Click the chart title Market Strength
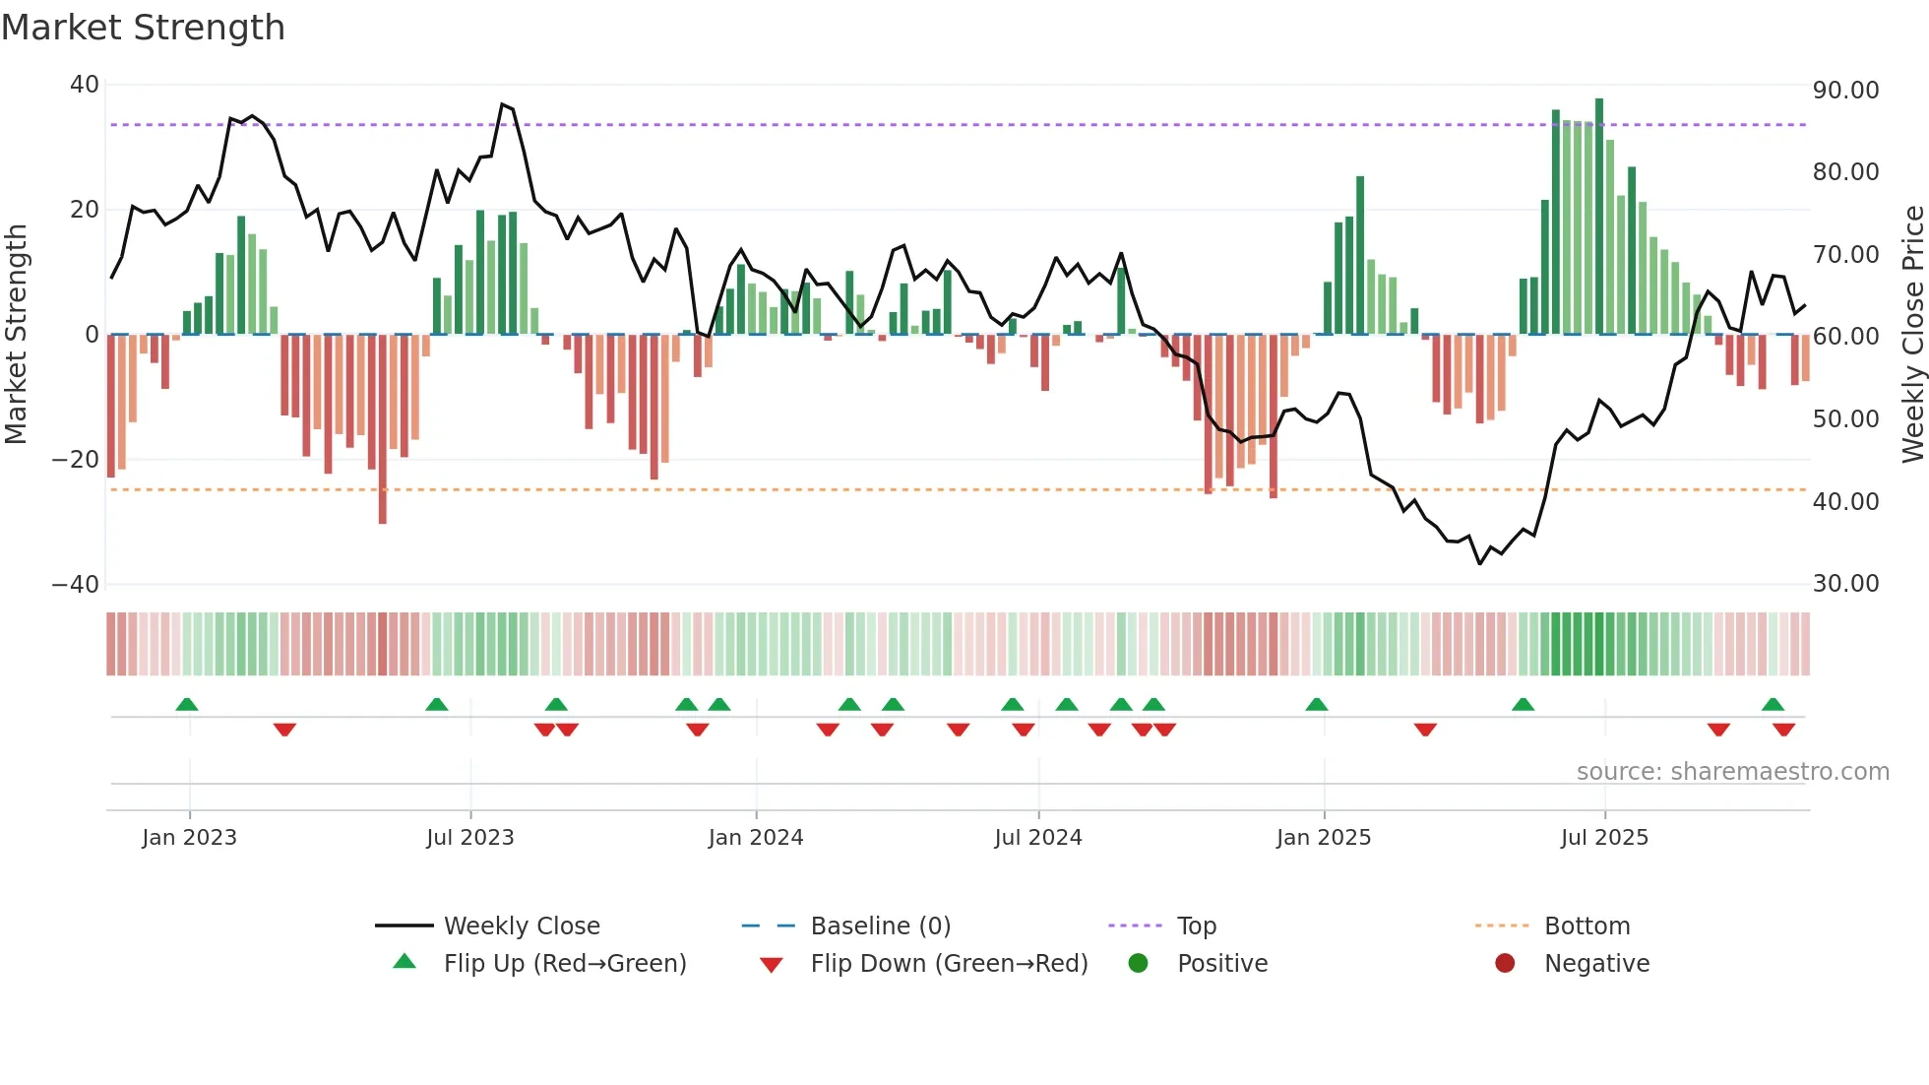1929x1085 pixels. (x=143, y=28)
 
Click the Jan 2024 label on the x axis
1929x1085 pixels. (x=755, y=838)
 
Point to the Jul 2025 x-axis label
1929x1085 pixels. (x=1603, y=838)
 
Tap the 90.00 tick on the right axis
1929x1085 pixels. (x=1845, y=91)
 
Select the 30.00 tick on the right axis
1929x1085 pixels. (x=1845, y=584)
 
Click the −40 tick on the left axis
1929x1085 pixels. (x=76, y=585)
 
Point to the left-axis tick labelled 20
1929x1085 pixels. (x=85, y=210)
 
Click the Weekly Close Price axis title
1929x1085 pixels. (x=1912, y=335)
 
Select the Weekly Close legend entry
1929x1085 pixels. (x=521, y=926)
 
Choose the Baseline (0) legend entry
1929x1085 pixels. (x=880, y=926)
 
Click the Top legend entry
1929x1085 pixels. (x=1196, y=926)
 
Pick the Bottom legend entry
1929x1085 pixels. (x=1587, y=926)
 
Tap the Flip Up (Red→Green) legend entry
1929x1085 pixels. (x=564, y=964)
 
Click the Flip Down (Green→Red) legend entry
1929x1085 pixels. (x=948, y=964)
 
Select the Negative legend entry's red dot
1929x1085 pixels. (x=1505, y=964)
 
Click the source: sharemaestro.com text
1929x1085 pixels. (x=1732, y=772)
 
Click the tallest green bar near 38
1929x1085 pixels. (x=1599, y=217)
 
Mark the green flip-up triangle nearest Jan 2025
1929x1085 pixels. (x=1316, y=704)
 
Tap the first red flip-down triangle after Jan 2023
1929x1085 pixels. (x=284, y=730)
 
